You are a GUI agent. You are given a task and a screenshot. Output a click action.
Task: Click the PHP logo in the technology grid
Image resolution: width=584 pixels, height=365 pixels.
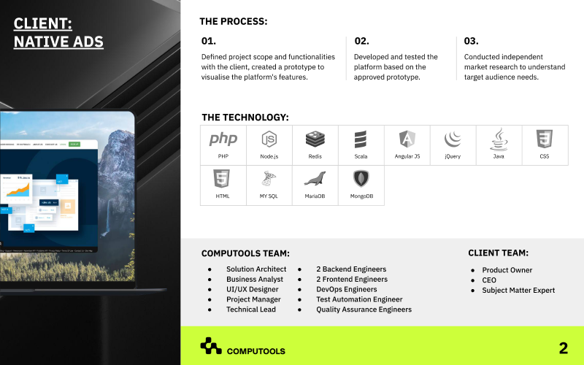pos(223,139)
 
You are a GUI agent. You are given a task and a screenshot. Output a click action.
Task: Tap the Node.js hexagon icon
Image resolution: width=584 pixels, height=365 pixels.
pos(269,139)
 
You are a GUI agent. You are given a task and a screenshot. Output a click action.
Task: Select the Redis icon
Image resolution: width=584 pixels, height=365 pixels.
pos(315,138)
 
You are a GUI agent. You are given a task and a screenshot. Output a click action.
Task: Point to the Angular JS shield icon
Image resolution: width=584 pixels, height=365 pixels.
pos(407,139)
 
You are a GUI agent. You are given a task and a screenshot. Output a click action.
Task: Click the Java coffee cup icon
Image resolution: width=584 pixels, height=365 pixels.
pos(499,138)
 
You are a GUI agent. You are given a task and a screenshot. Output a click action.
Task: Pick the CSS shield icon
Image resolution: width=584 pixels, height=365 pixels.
pos(545,138)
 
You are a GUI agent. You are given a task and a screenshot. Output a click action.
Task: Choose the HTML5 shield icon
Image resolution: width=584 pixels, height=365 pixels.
pos(223,179)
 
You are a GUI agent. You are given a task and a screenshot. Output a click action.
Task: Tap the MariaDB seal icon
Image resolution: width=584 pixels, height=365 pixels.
pos(315,179)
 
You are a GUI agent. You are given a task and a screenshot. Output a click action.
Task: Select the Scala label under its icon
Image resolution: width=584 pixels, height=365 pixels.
pos(361,156)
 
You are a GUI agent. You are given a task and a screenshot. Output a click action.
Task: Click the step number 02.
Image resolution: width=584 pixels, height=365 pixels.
pos(361,41)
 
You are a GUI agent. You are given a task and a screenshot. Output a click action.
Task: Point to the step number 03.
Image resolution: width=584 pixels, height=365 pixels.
pos(471,41)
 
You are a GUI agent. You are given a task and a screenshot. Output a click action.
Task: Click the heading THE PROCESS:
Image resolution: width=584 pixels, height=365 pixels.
pos(233,21)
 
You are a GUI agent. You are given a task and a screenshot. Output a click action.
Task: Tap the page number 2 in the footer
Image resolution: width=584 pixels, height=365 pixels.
pos(563,348)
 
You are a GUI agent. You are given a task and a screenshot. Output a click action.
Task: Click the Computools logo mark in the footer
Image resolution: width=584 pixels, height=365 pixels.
pos(211,347)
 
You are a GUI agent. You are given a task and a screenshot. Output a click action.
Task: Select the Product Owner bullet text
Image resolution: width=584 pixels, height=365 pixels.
pos(507,270)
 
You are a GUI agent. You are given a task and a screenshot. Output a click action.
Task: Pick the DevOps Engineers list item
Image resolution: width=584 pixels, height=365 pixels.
pos(346,289)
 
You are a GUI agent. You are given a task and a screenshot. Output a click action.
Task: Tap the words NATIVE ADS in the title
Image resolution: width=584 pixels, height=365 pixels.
pos(58,42)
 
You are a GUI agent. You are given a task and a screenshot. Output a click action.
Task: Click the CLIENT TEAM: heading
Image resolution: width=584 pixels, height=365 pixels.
pos(498,253)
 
